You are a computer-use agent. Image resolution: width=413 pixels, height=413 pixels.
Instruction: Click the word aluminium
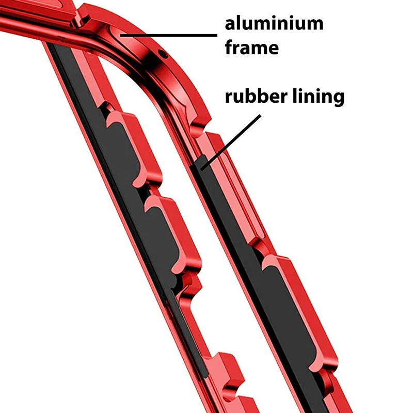point(274,24)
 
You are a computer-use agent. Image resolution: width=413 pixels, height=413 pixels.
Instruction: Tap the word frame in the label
point(251,48)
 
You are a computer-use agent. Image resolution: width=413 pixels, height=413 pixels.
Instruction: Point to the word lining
point(315,97)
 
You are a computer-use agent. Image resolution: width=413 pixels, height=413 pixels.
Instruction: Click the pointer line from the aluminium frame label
point(170,35)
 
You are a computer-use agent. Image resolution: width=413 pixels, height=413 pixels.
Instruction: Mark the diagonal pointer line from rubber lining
point(232,140)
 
